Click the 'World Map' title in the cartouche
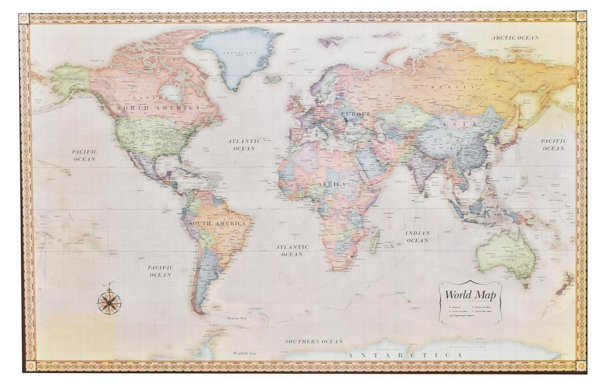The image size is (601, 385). click(x=470, y=295)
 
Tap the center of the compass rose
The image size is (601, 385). click(x=109, y=301)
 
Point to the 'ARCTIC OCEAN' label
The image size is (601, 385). click(x=515, y=38)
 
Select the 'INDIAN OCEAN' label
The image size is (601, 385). click(x=417, y=237)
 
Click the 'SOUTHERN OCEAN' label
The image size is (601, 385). click(x=314, y=341)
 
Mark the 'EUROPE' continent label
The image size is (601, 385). click(x=355, y=114)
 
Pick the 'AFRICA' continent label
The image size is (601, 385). click(x=332, y=184)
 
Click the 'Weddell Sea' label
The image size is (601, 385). click(x=244, y=353)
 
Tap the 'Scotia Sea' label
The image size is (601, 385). click(x=237, y=318)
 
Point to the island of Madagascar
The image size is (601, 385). click(x=375, y=241)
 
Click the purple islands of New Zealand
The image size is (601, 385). click(x=565, y=284)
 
